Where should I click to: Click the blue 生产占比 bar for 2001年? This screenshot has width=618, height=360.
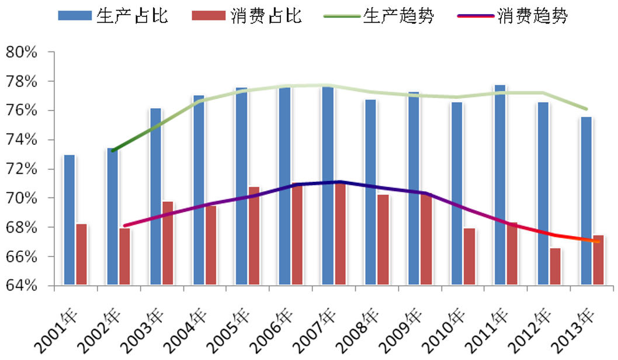[x=69, y=220]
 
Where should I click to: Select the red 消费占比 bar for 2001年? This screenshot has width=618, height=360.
[x=82, y=255]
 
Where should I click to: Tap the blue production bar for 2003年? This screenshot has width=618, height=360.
[x=155, y=197]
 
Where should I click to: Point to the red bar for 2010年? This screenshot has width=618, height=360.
[x=469, y=257]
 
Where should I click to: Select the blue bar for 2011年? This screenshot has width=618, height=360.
[x=499, y=185]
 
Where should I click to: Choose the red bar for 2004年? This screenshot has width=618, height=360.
[x=211, y=245]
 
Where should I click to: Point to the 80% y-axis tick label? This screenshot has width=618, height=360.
[x=22, y=52]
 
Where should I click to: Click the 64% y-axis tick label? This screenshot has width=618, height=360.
[x=22, y=286]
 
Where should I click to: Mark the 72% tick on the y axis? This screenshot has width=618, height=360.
[x=22, y=169]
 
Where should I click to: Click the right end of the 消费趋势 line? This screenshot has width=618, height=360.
[x=598, y=241]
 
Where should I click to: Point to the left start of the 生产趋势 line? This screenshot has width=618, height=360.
[x=113, y=151]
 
